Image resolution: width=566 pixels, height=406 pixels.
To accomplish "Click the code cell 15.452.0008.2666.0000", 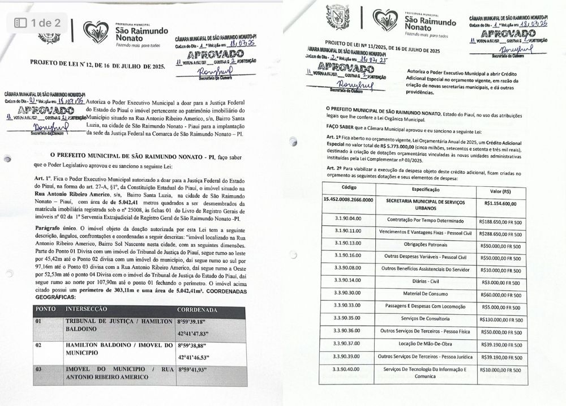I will tap(349, 200).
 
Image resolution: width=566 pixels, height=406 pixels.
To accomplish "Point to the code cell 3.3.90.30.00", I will tap(347, 293).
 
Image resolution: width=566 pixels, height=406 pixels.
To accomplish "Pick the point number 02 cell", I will tap(39, 344).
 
